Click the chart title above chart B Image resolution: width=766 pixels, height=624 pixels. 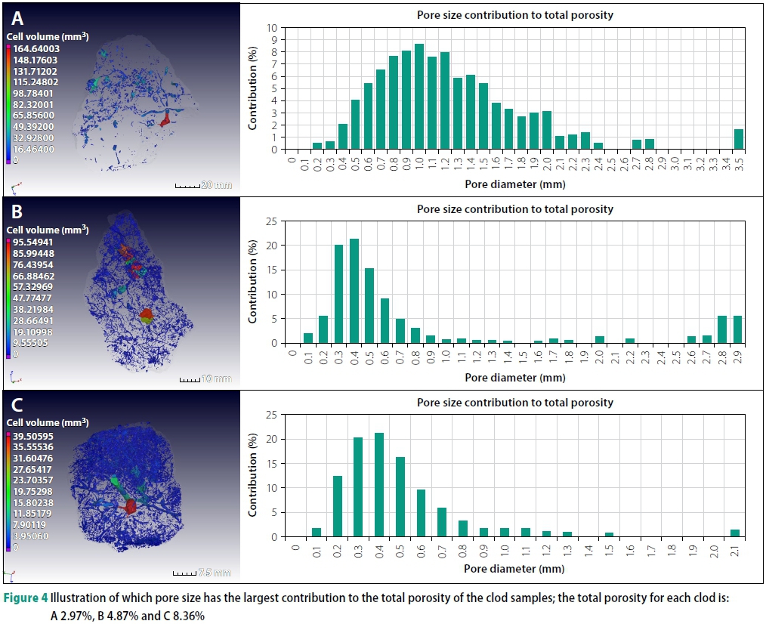[x=514, y=209]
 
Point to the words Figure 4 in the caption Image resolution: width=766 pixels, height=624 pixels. [x=28, y=599]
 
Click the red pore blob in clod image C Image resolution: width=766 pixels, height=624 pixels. [x=131, y=505]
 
